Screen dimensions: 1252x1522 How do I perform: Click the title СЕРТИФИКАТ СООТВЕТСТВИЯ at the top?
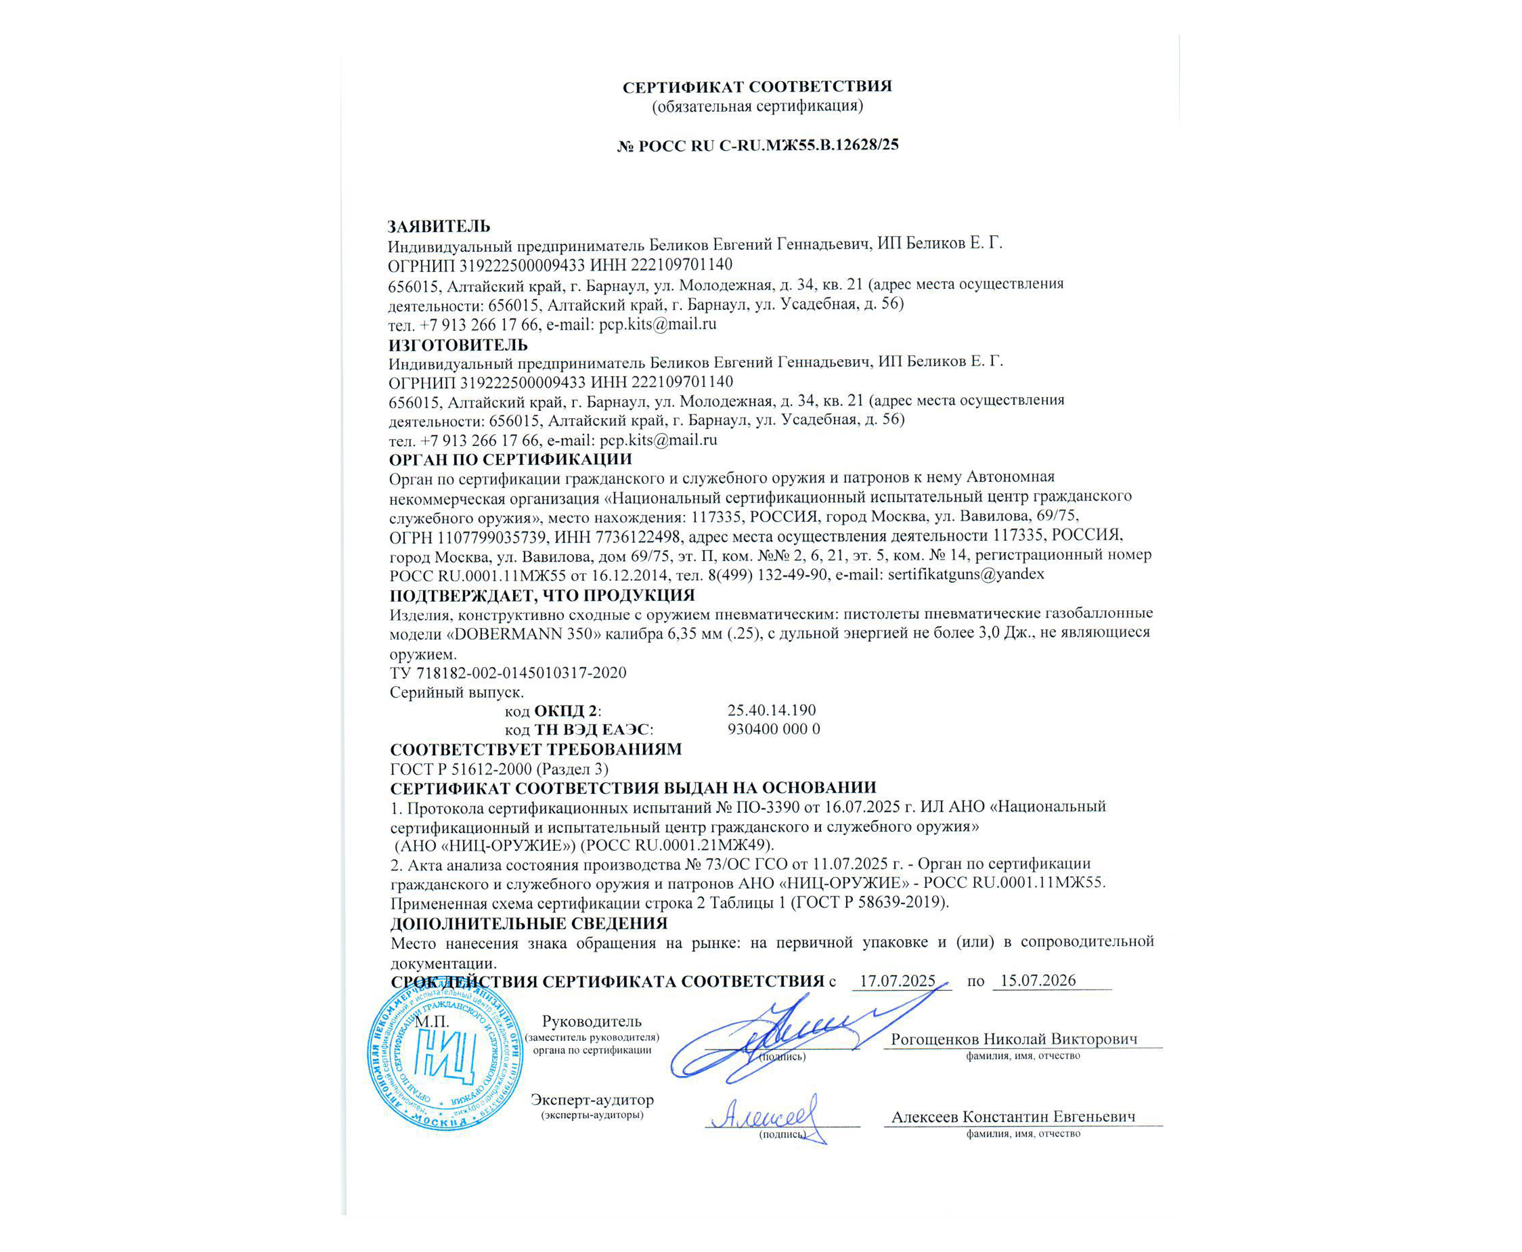tap(758, 87)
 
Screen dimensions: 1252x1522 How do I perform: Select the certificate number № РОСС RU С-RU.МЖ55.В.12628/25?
tap(758, 145)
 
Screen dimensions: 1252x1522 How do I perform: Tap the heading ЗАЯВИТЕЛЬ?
tap(439, 226)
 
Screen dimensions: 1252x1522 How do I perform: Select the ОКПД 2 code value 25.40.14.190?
tap(771, 710)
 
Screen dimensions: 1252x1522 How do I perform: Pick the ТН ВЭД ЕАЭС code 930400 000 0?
tap(773, 729)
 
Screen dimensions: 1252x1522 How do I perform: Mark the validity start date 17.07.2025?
tap(897, 981)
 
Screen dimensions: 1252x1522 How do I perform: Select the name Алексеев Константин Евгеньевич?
tap(1013, 1117)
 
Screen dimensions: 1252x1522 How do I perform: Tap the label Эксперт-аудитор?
tap(591, 1100)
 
